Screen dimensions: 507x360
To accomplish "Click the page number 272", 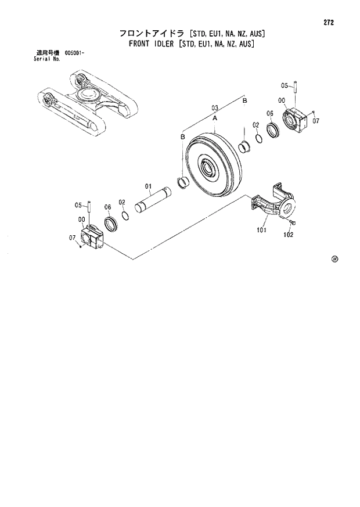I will point(329,23).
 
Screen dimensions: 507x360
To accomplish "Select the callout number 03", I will point(214,108).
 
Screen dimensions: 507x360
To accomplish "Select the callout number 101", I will point(262,230).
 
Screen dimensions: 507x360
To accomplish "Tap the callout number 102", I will point(288,235).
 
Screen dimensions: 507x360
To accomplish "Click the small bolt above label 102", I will point(292,222).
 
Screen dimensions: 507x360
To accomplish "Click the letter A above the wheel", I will point(215,118).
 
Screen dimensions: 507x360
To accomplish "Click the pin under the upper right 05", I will point(296,90).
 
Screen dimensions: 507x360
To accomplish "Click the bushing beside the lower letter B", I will point(185,184).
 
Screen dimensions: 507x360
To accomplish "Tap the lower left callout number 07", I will point(73,238).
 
